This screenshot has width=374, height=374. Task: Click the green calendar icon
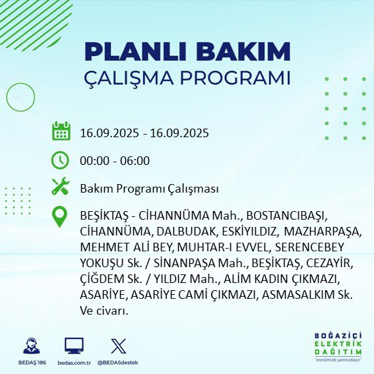point(61,131)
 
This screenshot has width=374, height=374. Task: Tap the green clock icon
point(61,160)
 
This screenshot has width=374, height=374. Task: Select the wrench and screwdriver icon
point(61,188)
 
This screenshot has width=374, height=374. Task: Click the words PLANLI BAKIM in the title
point(187,51)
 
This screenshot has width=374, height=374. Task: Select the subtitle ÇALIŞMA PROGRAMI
point(187,77)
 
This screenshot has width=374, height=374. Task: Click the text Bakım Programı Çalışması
point(149,189)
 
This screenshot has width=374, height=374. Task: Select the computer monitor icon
point(74,346)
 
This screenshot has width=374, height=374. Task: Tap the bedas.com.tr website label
point(74,363)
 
